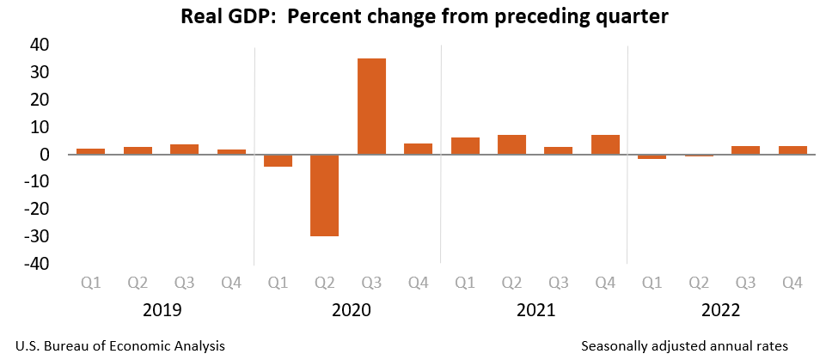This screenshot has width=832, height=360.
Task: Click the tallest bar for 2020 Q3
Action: pos(371,107)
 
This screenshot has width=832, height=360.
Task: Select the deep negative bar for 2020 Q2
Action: pos(324,195)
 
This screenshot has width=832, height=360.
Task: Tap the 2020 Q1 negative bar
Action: pos(278,161)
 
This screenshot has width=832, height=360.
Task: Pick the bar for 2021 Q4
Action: pos(605,144)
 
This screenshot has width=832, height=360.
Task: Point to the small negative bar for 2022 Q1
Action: pos(652,157)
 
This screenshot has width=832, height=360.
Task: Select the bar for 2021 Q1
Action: pos(465,146)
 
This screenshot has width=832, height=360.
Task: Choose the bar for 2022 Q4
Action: pos(792,150)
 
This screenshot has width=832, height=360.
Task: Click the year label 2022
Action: pos(722,310)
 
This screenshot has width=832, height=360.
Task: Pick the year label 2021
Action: pos(535,310)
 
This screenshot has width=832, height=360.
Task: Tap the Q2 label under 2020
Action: pos(324,282)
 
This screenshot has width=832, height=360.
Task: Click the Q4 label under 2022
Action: pos(792,282)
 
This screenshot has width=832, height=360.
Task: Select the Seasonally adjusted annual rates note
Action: pos(683,345)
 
